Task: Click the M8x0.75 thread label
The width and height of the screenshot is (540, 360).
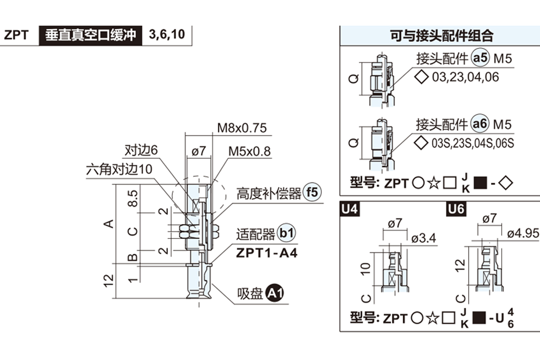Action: (x=242, y=128)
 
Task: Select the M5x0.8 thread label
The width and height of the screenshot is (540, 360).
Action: (x=249, y=151)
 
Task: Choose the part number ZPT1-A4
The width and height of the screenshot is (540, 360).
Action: (x=266, y=253)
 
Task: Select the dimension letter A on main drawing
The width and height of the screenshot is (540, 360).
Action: (x=108, y=223)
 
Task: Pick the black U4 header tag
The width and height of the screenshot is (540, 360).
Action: (x=350, y=209)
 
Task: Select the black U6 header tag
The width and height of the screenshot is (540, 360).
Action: (x=456, y=209)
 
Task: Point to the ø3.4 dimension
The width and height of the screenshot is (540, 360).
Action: (x=424, y=238)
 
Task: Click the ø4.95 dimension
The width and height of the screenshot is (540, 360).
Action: (x=523, y=234)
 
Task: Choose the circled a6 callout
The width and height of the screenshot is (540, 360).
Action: (x=480, y=124)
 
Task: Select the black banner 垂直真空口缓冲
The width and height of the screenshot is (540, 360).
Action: (x=90, y=35)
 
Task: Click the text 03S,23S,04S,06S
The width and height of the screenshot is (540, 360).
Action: (x=472, y=144)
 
